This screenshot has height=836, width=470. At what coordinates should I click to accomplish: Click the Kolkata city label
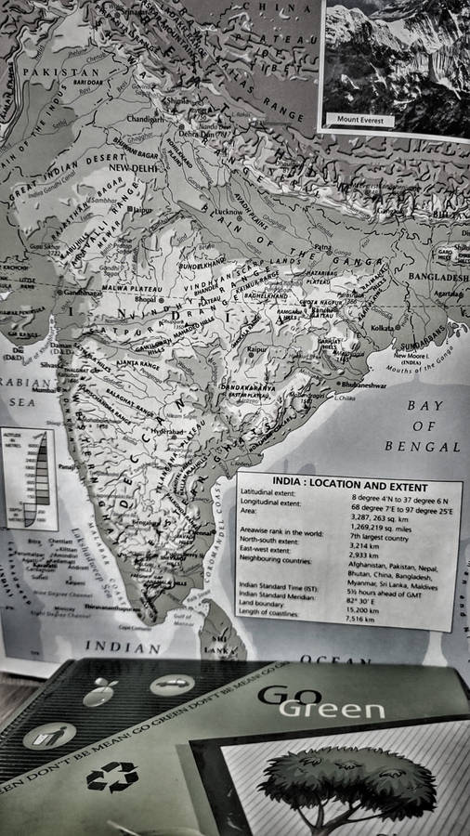[x=383, y=329]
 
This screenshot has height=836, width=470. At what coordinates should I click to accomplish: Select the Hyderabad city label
[x=171, y=433]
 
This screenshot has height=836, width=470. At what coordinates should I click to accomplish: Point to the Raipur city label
[x=257, y=349]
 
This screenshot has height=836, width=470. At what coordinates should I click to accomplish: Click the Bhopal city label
[x=146, y=300]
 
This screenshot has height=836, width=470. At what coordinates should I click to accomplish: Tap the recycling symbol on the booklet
[x=112, y=777]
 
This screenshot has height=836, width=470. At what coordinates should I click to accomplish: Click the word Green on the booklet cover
[x=332, y=710]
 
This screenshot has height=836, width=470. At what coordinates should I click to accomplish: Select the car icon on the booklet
[x=172, y=686]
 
